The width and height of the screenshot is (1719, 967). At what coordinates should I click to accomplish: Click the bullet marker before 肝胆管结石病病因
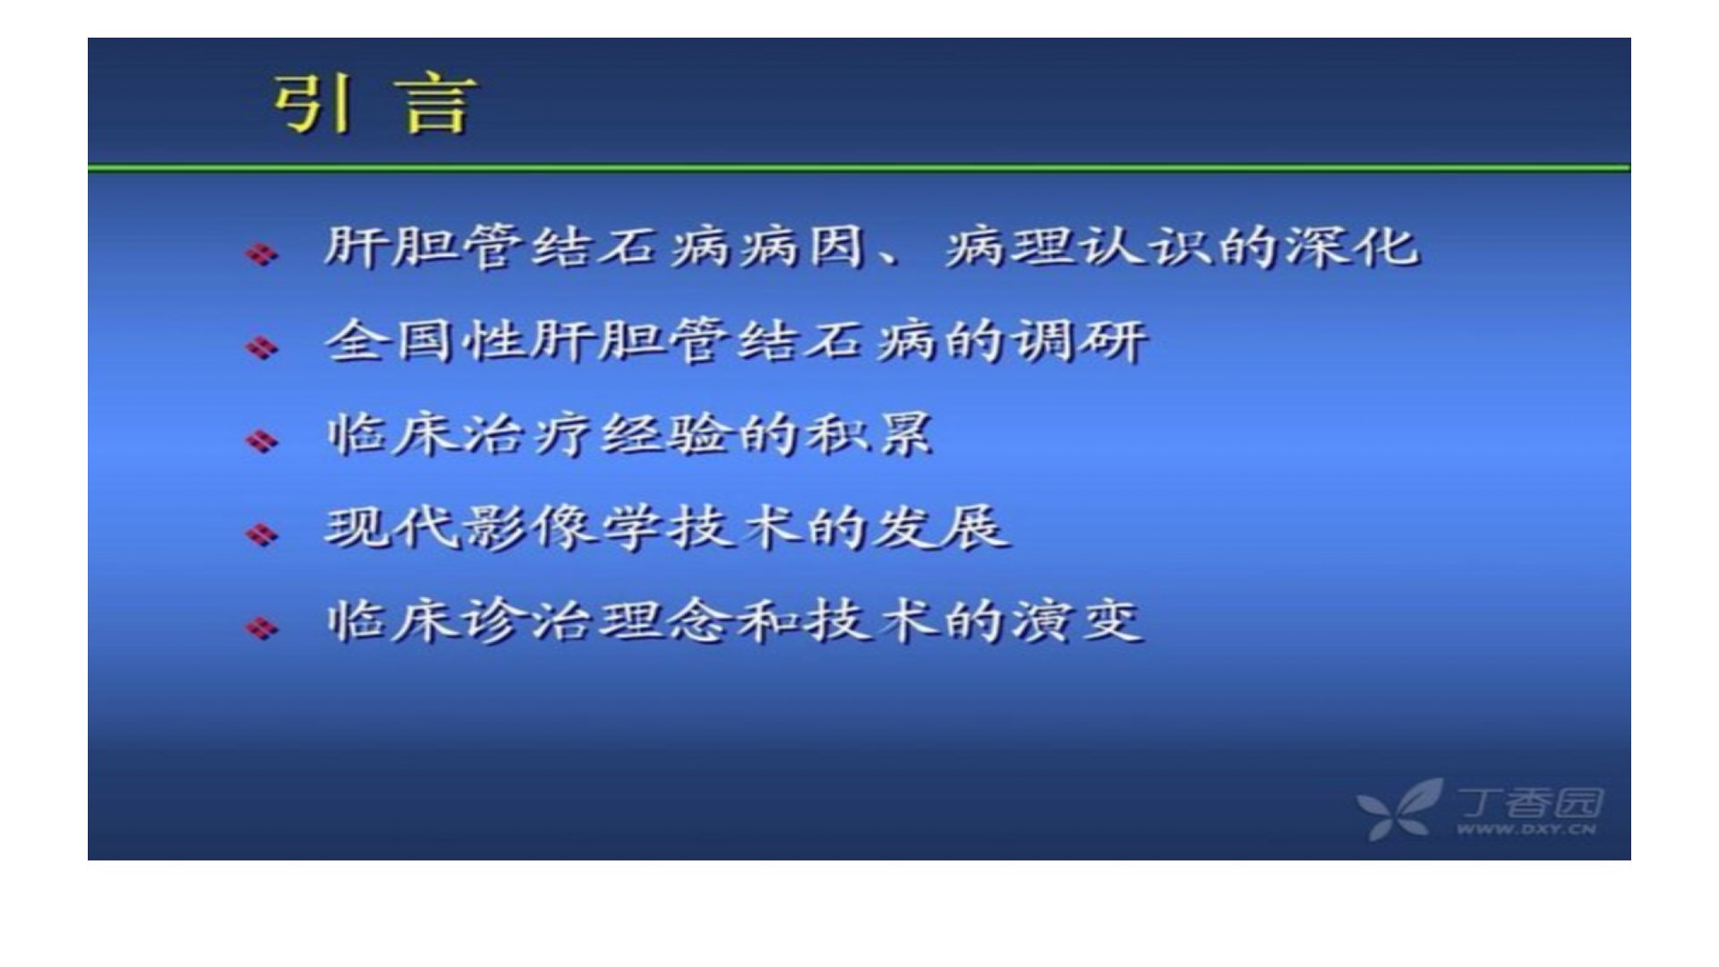click(x=262, y=254)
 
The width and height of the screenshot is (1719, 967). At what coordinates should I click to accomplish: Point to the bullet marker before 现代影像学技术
click(x=262, y=534)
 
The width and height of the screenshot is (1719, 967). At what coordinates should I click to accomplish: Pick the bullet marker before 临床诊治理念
click(x=262, y=627)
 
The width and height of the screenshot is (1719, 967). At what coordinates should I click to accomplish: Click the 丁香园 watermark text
click(x=1529, y=802)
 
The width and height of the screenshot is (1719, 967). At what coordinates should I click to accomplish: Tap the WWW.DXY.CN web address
click(x=1526, y=830)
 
